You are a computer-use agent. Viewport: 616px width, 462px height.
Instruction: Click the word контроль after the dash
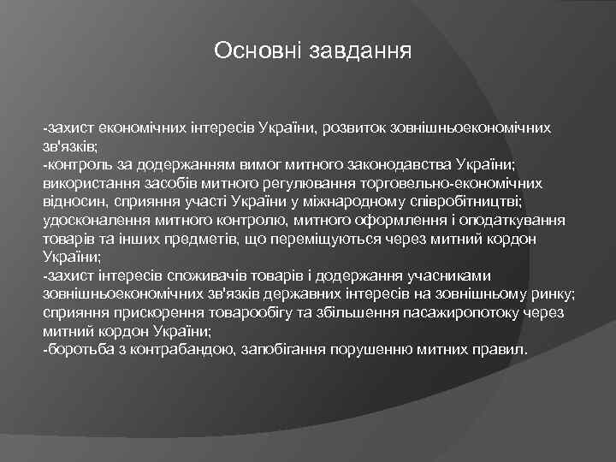coord(79,164)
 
